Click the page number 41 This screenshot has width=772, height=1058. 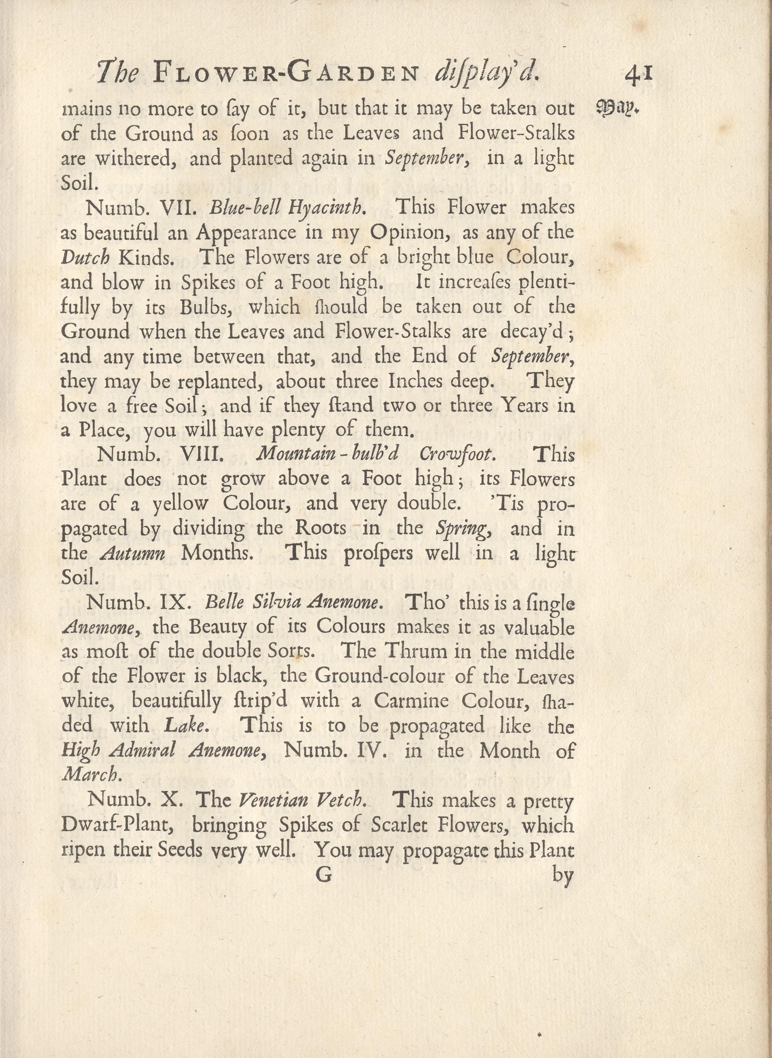(638, 75)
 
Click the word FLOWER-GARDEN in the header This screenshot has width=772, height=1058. (285, 73)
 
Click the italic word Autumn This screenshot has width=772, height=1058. (133, 553)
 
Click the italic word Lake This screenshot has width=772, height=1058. (185, 726)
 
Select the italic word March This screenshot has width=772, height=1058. (91, 775)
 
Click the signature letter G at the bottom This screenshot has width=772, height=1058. (323, 874)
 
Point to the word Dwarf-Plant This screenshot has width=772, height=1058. (118, 825)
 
